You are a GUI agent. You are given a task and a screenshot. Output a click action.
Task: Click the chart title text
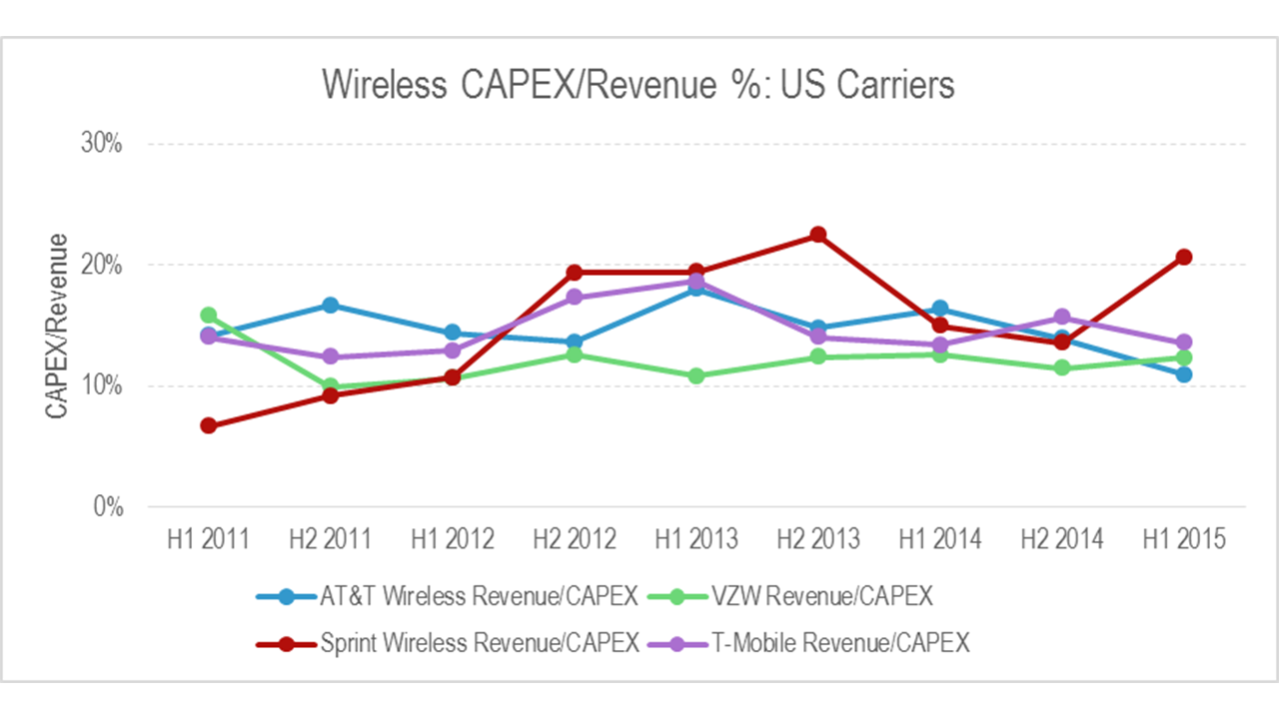639,85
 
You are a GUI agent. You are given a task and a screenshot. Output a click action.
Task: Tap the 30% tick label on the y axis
101,144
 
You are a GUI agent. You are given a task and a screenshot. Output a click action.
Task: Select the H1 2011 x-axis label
208,539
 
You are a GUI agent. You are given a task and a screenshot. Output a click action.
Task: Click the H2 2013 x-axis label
817,539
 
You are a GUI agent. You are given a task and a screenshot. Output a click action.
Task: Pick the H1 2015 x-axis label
1183,539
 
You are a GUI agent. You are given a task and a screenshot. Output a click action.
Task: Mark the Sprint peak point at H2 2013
817,235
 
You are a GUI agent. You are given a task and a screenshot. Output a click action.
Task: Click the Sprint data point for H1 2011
208,425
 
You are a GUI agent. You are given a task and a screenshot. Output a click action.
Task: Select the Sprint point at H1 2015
1183,257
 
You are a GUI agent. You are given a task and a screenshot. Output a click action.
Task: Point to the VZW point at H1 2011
208,316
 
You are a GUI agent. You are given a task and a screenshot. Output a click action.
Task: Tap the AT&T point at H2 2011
330,305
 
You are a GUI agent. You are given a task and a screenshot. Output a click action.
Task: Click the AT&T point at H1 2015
1183,374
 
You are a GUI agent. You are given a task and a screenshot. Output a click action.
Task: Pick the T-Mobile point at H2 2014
1061,318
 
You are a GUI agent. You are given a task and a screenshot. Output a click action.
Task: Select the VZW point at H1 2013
695,376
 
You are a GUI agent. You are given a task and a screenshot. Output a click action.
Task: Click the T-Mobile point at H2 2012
574,297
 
